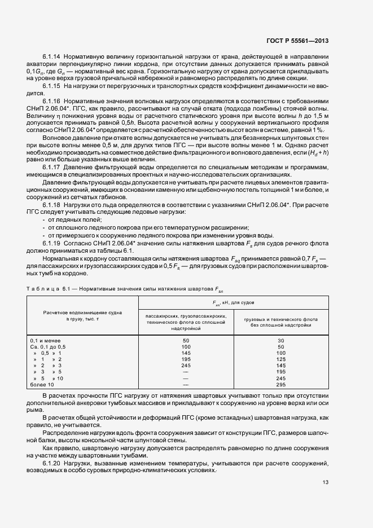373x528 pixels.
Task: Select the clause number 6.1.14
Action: point(52,57)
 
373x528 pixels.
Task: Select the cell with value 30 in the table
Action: point(281,341)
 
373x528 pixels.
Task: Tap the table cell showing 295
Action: point(281,384)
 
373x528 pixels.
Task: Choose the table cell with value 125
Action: point(281,359)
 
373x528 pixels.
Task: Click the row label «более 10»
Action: point(42,384)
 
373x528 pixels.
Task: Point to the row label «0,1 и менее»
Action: point(45,341)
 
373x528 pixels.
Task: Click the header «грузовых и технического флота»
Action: point(281,319)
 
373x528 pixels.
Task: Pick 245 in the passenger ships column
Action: point(186,366)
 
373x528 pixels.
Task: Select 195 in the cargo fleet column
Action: point(281,372)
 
